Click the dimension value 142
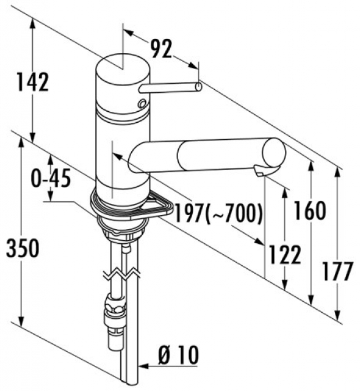click(x=32, y=82)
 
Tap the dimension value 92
click(x=162, y=48)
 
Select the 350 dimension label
click(x=23, y=248)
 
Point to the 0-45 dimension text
click(x=51, y=178)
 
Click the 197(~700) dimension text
click(x=219, y=213)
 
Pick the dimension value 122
click(x=286, y=255)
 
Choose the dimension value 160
click(x=310, y=211)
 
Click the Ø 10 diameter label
click(x=178, y=355)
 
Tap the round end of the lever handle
click(x=198, y=87)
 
